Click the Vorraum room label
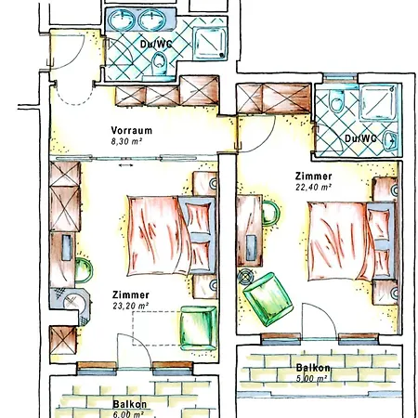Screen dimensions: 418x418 [132, 130]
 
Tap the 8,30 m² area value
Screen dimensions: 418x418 [126, 142]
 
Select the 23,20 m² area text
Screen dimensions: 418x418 [130, 306]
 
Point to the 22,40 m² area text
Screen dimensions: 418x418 [314, 187]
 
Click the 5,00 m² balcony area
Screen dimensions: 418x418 [311, 378]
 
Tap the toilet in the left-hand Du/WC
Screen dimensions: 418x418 [160, 63]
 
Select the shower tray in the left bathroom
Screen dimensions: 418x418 [210, 43]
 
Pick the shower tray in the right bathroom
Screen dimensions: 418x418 [378, 102]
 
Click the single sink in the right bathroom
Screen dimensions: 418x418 [390, 140]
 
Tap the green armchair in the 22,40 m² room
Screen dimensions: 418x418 [268, 299]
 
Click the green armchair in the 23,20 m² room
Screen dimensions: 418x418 [199, 328]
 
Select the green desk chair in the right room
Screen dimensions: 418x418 [270, 214]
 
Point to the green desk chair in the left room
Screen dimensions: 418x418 [84, 270]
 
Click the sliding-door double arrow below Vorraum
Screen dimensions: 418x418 [126, 165]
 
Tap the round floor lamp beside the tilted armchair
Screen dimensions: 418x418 [246, 277]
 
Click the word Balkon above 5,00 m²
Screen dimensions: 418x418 [313, 368]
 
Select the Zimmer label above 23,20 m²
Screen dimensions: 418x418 [131, 294]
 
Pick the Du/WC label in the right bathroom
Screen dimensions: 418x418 [360, 138]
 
